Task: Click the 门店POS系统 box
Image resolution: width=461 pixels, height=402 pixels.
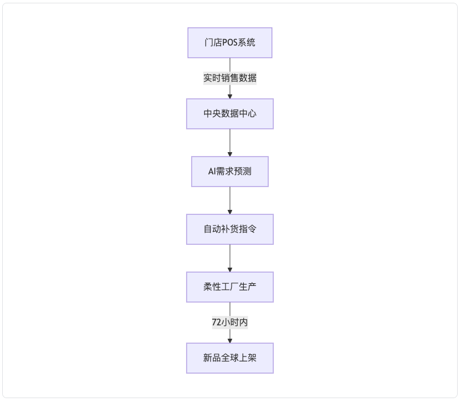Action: pos(230,43)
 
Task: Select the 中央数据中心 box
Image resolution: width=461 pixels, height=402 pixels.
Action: pos(230,114)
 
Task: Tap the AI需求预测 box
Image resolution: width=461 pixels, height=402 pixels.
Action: pos(230,172)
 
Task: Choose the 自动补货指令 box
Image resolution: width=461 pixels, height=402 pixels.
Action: pos(230,229)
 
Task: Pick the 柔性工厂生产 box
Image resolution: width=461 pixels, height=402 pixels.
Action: pos(230,287)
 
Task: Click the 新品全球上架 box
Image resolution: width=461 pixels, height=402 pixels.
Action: pos(230,358)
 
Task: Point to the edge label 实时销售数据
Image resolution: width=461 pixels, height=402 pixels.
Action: pos(230,78)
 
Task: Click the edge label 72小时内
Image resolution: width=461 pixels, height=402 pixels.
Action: pos(230,323)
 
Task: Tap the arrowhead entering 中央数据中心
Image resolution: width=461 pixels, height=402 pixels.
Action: pos(230,97)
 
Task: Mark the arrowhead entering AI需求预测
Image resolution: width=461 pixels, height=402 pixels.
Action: pos(230,154)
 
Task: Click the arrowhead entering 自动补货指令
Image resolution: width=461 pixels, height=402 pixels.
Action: pos(230,212)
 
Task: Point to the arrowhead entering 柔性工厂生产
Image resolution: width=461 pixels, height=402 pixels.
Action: pos(230,270)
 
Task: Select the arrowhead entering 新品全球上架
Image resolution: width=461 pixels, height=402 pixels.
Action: pos(230,341)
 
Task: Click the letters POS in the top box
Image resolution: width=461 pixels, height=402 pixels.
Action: pos(229,43)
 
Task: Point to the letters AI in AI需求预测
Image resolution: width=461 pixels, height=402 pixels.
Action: pos(212,172)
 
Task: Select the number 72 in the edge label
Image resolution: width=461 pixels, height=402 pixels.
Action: pos(217,323)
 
